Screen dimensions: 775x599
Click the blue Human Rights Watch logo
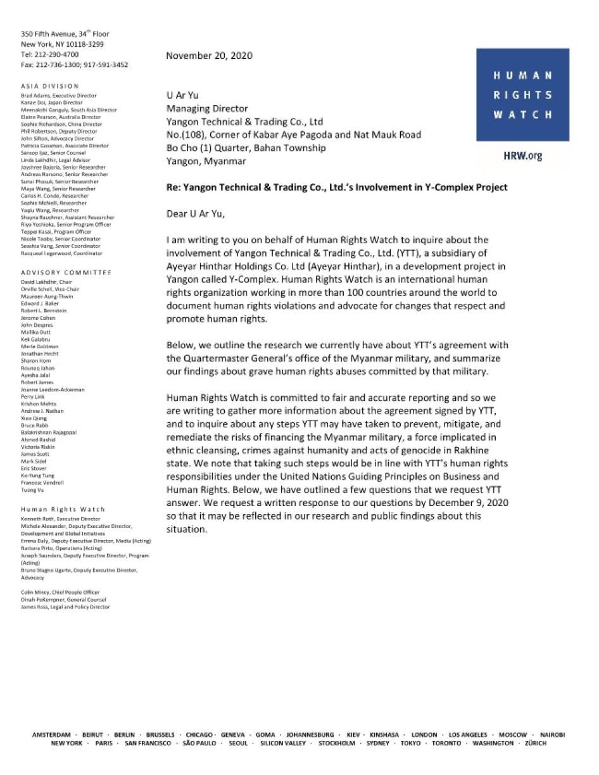click(x=522, y=95)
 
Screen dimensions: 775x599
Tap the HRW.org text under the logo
click(x=522, y=156)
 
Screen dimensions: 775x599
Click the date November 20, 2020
click(x=209, y=56)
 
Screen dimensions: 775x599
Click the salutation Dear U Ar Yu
click(x=195, y=213)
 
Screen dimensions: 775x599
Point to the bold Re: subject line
click(x=336, y=187)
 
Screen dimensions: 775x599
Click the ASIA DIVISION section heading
click(x=50, y=86)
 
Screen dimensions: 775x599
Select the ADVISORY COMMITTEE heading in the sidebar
click(x=66, y=272)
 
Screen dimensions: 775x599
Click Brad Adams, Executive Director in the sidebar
click(x=59, y=96)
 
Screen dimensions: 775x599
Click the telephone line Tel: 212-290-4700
click(x=50, y=54)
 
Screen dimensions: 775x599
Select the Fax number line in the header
click(x=74, y=65)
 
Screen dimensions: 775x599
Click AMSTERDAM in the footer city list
click(x=51, y=734)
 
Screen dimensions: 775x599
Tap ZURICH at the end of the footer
click(x=535, y=743)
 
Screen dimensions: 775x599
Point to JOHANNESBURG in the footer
click(x=310, y=734)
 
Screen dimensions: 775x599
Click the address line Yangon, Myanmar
click(x=206, y=161)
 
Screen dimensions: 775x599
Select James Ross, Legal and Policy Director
click(x=65, y=607)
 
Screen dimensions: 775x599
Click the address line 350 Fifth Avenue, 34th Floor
click(x=65, y=34)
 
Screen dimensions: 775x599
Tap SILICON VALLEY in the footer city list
click(x=283, y=743)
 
